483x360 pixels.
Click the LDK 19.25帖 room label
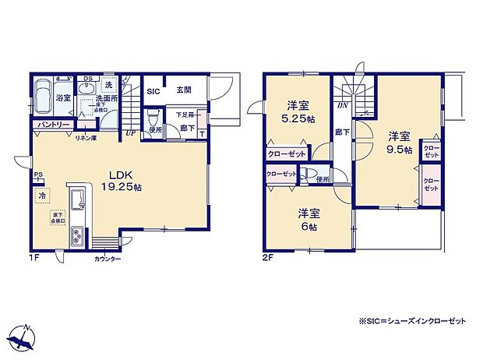pyautogui.click(x=119, y=182)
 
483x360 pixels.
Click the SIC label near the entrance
pyautogui.click(x=153, y=90)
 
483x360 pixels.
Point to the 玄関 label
pyautogui.click(x=184, y=90)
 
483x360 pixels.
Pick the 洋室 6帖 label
pyautogui.click(x=308, y=219)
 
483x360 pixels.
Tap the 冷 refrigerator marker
pyautogui.click(x=41, y=196)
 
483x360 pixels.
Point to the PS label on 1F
pyautogui.click(x=37, y=175)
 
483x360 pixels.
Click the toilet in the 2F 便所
pyautogui.click(x=312, y=174)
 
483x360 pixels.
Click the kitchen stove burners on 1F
pyautogui.click(x=79, y=235)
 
